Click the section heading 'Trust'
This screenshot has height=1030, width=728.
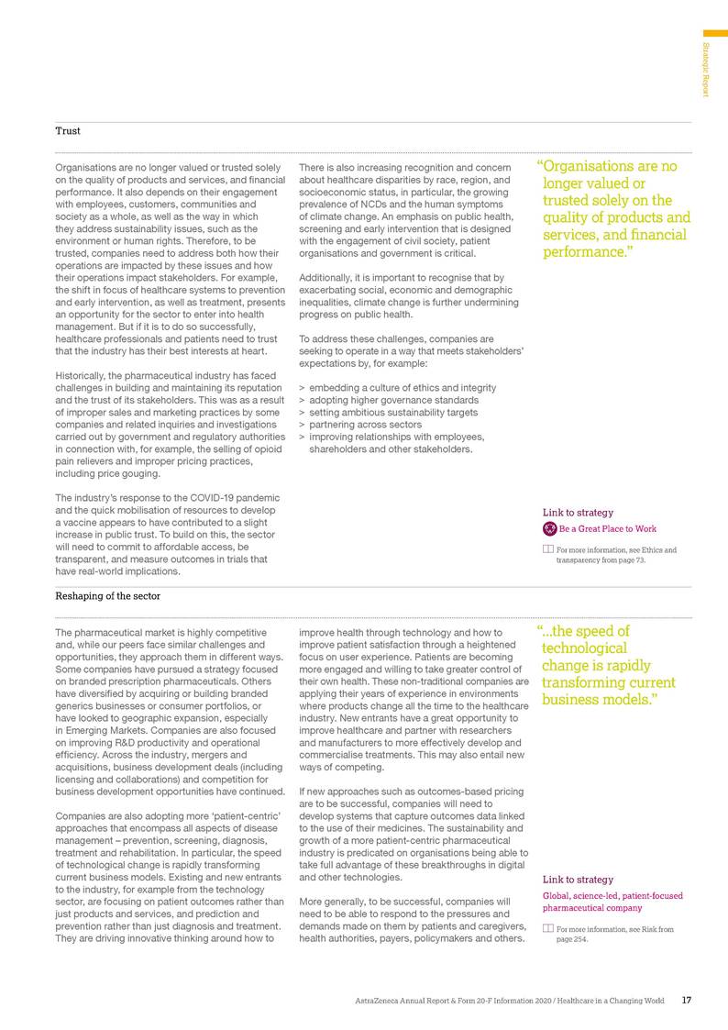68,131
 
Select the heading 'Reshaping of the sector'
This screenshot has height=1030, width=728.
107,595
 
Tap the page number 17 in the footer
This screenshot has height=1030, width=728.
687,1000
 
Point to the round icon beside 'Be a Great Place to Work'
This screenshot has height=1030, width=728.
549,528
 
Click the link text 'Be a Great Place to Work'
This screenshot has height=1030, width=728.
607,528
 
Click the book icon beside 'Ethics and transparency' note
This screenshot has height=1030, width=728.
548,549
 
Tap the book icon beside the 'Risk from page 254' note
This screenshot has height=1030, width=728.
548,929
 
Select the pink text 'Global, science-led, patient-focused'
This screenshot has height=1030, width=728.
612,896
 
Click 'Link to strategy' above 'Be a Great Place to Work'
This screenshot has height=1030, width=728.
578,513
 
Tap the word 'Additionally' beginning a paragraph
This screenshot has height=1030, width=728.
327,277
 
